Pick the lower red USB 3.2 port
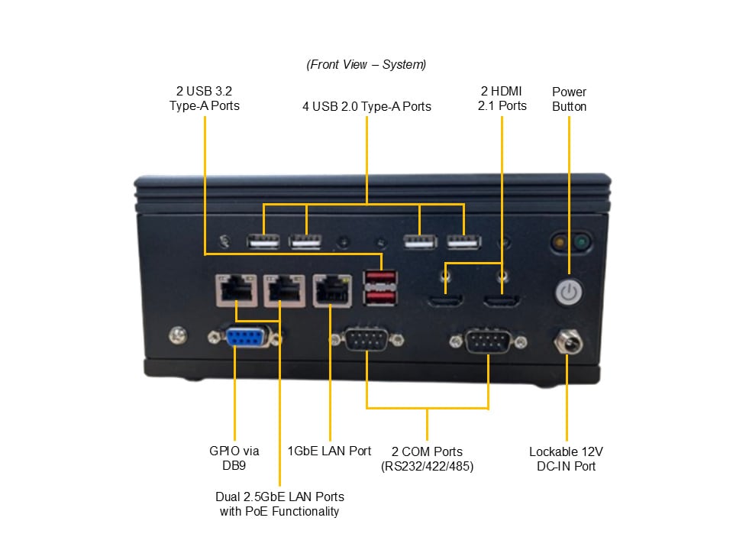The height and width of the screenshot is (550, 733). click(380, 297)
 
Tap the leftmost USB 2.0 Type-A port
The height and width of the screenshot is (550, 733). click(263, 241)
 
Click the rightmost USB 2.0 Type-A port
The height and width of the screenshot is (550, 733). click(463, 241)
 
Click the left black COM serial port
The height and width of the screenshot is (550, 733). click(366, 341)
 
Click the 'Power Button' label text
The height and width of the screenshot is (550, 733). click(569, 99)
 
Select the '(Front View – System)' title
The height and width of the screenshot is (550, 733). click(366, 64)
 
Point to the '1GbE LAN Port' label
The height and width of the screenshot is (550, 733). click(329, 451)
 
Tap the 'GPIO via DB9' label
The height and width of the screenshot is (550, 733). click(234, 458)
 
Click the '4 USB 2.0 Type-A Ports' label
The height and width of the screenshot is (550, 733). click(366, 106)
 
